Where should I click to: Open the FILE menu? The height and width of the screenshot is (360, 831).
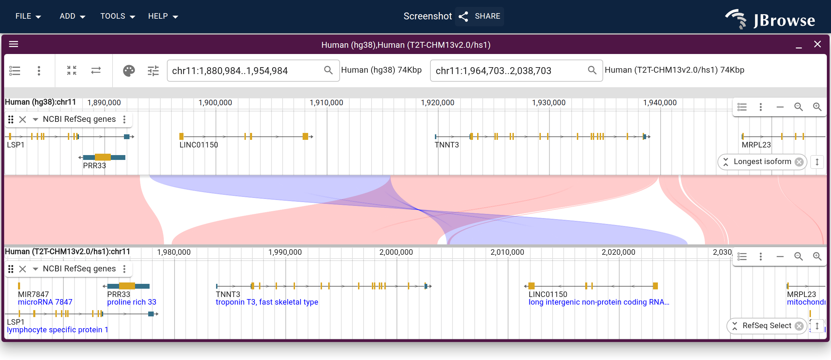tap(28, 16)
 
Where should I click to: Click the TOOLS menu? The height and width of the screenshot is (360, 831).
tap(117, 16)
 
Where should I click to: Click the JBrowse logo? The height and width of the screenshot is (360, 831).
tap(770, 19)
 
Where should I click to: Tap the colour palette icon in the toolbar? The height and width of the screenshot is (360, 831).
tap(129, 71)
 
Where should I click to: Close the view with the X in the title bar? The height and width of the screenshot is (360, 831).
tap(817, 44)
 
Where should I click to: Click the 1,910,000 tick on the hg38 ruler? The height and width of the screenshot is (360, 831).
tap(326, 102)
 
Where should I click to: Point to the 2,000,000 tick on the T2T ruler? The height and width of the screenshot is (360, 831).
tap(396, 252)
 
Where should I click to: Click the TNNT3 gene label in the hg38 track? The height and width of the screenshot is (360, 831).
tap(447, 145)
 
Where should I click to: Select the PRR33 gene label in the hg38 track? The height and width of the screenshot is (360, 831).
tap(95, 165)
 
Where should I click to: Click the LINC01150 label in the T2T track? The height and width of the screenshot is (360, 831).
tap(548, 294)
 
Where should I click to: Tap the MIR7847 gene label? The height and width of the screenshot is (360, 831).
tap(33, 294)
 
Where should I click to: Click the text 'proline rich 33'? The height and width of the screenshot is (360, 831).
tap(132, 302)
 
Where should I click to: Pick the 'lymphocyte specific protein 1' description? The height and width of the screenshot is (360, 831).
tap(57, 330)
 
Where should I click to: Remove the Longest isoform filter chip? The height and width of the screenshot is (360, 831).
tap(799, 162)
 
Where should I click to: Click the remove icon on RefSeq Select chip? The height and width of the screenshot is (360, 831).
tap(799, 326)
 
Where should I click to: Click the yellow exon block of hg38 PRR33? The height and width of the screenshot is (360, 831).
tap(103, 157)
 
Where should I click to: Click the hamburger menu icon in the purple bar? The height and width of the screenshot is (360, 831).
tap(14, 44)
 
